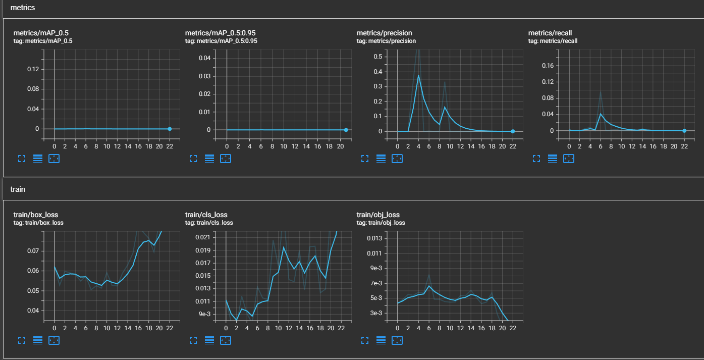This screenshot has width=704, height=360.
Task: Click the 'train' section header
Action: [18, 189]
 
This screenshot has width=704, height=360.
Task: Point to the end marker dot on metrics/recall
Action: [684, 131]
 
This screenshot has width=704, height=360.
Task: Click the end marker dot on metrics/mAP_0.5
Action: [170, 129]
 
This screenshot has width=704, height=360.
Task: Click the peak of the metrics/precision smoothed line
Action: [418, 75]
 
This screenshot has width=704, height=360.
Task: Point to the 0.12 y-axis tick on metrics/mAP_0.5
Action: [33, 69]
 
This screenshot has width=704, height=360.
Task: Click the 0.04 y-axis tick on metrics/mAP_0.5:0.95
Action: [204, 59]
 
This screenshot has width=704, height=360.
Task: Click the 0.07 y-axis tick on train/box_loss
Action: [33, 251]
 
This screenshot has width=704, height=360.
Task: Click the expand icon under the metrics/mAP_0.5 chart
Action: [22, 158]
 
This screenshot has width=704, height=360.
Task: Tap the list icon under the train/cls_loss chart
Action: [209, 340]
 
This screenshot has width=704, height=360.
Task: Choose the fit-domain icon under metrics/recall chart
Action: [569, 158]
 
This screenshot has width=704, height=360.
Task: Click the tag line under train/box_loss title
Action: [38, 223]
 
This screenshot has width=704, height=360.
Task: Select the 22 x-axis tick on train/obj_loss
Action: [513, 328]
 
